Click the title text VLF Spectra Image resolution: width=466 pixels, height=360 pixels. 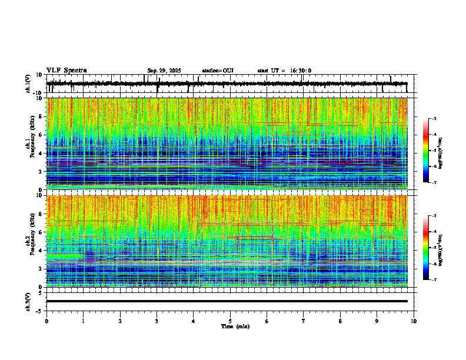tap(66, 71)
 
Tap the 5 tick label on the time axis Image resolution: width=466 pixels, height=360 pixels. tap(231, 321)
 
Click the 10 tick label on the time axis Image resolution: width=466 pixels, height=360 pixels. tap(414, 321)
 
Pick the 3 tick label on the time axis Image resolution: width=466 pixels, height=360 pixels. tap(157, 321)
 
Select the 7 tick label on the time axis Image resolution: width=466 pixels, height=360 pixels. tap(304, 321)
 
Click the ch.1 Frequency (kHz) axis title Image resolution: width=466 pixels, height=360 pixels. tap(29, 144)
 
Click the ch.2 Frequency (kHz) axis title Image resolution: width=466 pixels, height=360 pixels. tap(29, 241)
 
